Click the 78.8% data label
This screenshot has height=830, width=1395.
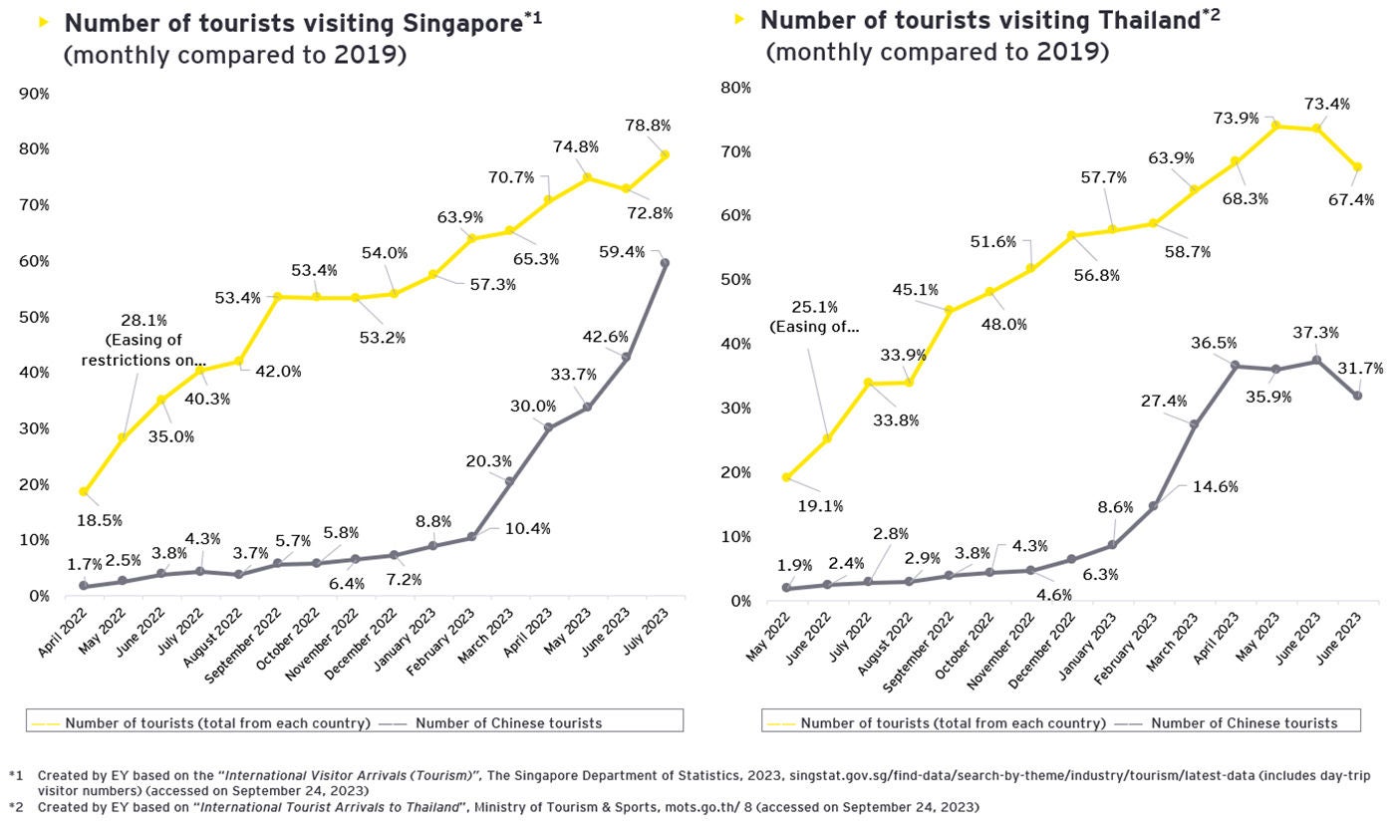(648, 126)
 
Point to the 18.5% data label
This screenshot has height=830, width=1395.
(100, 520)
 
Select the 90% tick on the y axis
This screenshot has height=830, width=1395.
(35, 94)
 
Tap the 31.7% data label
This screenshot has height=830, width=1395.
(1360, 369)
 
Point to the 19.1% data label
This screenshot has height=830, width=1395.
(820, 506)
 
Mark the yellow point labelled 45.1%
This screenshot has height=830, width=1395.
(949, 310)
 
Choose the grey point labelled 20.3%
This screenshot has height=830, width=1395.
(510, 482)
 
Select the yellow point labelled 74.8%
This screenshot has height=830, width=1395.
(588, 177)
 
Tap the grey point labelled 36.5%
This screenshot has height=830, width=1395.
(1236, 366)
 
